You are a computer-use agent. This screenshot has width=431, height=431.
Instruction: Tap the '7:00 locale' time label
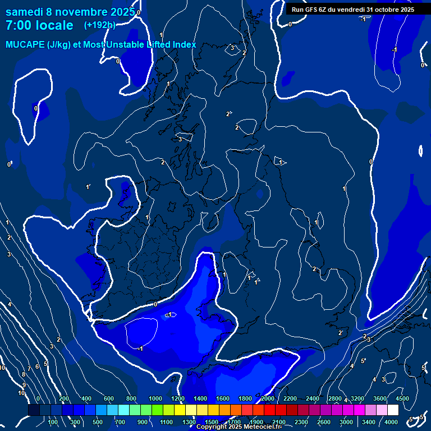click(x=39, y=25)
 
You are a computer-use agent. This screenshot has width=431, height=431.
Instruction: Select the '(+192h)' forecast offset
click(x=100, y=25)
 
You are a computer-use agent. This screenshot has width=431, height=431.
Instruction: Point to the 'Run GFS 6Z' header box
click(x=352, y=10)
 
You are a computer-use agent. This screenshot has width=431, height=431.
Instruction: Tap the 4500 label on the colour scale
click(x=402, y=398)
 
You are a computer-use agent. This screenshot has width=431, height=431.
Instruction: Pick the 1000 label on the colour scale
click(x=155, y=398)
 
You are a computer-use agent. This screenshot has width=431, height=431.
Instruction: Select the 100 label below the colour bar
click(x=53, y=422)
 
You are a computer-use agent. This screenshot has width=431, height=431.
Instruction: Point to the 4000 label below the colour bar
click(x=391, y=422)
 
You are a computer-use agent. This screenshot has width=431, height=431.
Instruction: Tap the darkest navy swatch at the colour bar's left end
click(x=34, y=410)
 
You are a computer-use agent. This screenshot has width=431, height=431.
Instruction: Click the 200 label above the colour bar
click(x=64, y=398)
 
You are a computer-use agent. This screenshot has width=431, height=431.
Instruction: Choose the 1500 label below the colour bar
click(x=212, y=422)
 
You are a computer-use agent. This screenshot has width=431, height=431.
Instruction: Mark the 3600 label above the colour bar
click(x=380, y=398)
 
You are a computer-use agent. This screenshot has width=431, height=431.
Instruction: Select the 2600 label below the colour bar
click(x=324, y=422)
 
